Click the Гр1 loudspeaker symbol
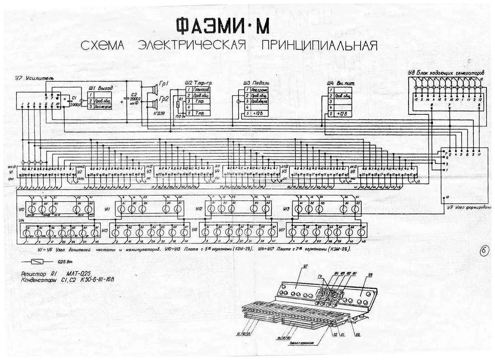153,90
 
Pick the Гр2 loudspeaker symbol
153,103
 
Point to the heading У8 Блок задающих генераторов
445,73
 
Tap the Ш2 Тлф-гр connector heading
198,83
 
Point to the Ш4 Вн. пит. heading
341,83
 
